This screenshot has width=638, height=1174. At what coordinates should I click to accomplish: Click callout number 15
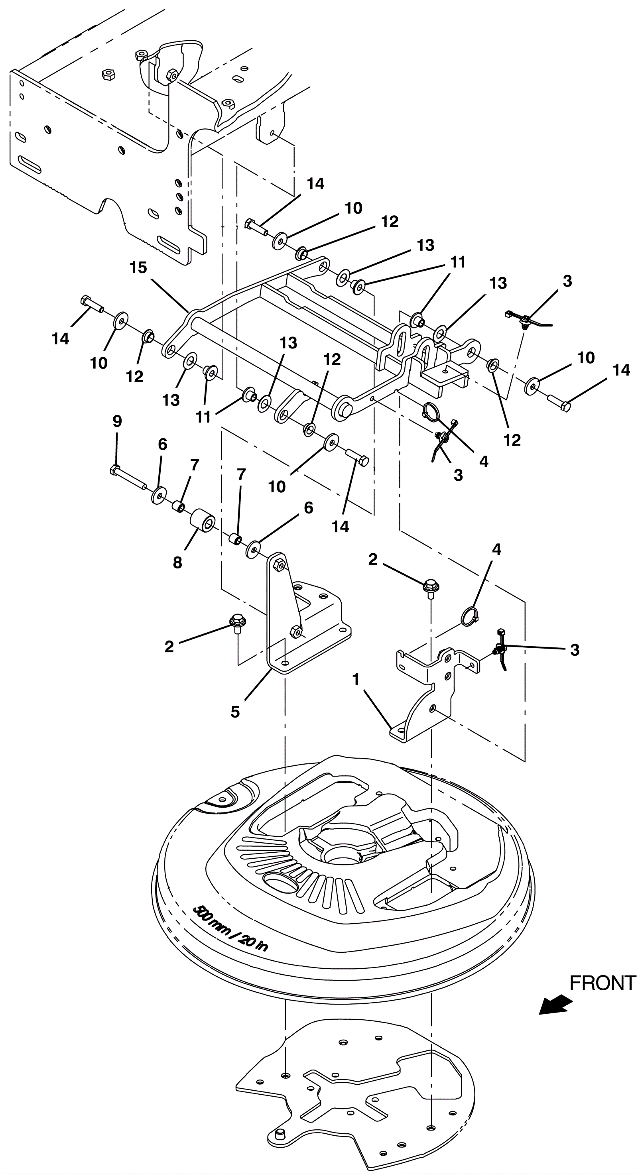point(138,267)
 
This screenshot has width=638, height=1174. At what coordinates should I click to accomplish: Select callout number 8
point(177,563)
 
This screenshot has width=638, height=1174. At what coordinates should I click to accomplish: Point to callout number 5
point(235,712)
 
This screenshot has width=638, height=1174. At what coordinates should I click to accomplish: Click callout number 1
point(356,680)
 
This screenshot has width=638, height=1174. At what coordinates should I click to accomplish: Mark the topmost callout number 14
point(315,184)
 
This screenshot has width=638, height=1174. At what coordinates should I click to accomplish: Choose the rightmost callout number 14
point(621,370)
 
